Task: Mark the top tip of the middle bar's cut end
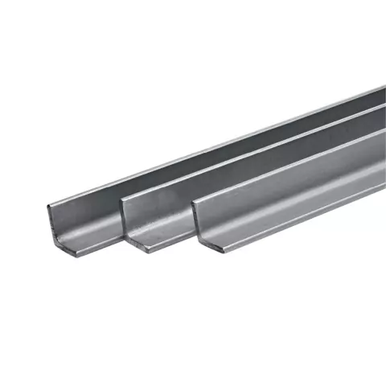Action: [121, 199]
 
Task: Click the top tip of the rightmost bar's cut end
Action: [191, 203]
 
